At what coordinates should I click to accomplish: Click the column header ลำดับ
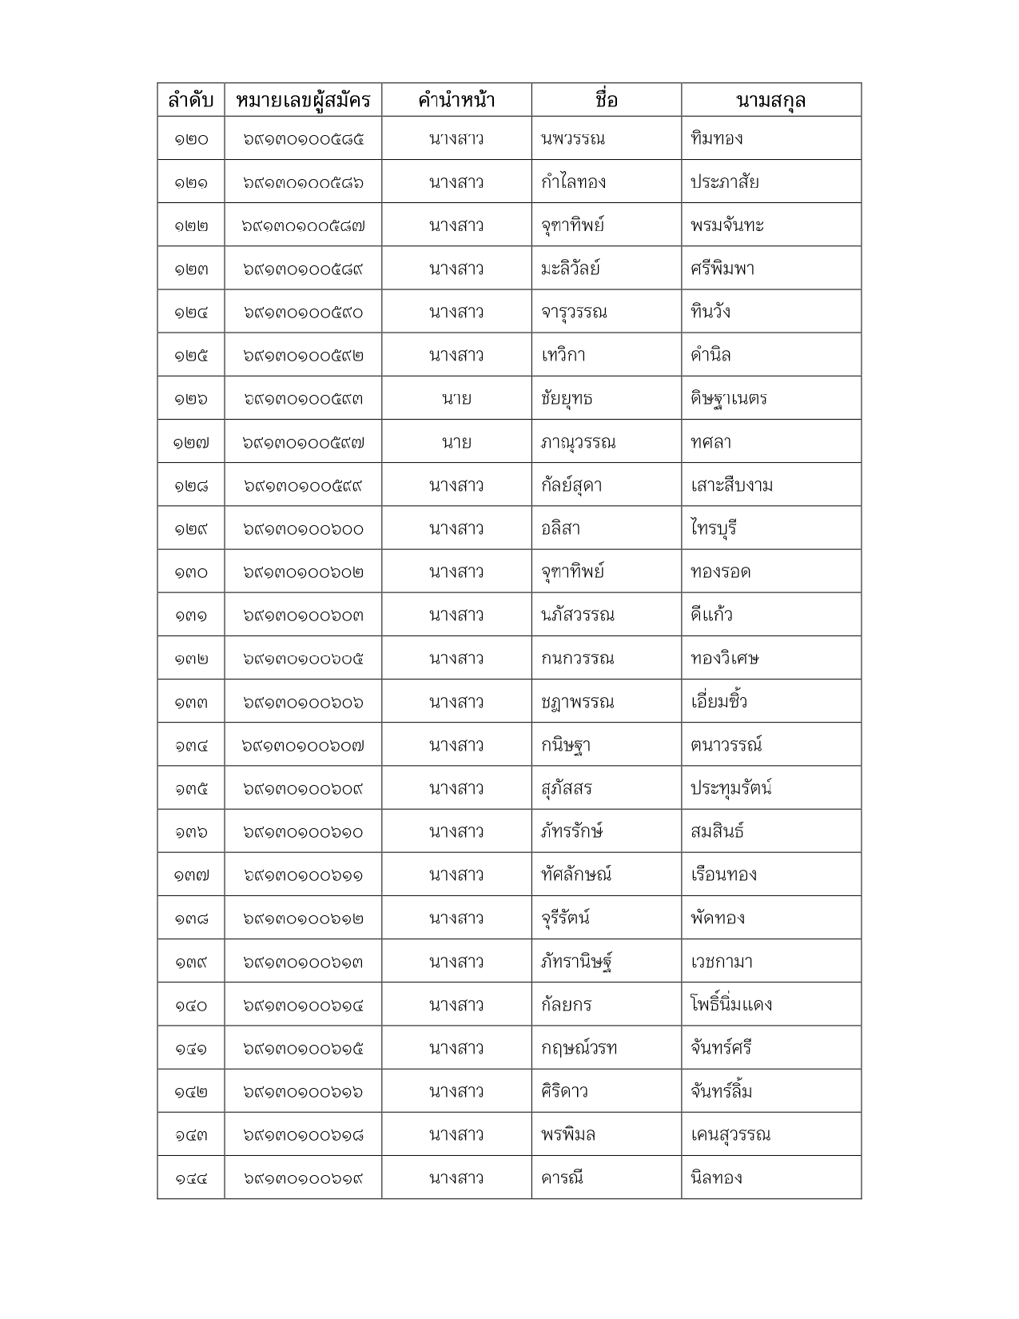click(x=191, y=100)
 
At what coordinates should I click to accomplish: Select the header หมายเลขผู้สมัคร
click(x=303, y=100)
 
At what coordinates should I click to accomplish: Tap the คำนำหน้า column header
click(x=456, y=100)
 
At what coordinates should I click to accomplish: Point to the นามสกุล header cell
click(x=770, y=100)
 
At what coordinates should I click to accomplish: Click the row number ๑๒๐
click(x=191, y=139)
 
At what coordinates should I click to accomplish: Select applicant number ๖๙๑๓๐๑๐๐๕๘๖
click(x=303, y=182)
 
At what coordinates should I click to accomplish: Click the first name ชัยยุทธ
click(x=567, y=398)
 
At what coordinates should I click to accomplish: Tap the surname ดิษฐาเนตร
click(x=729, y=398)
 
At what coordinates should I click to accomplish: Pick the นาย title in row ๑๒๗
click(x=456, y=442)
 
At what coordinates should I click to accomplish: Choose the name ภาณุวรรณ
click(x=578, y=442)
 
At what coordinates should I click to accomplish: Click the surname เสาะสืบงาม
click(x=731, y=485)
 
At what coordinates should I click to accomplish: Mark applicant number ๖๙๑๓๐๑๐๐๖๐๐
click(x=303, y=529)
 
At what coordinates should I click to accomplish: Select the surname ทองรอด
click(x=720, y=572)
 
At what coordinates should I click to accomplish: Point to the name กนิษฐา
click(x=566, y=745)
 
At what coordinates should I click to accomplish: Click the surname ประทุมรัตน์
click(x=730, y=788)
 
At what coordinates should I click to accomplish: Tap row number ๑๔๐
click(x=191, y=1005)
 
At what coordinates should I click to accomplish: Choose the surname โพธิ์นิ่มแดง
click(x=731, y=1005)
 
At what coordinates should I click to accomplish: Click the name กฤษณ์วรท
click(x=579, y=1048)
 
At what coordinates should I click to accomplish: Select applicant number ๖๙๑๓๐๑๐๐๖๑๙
click(x=303, y=1178)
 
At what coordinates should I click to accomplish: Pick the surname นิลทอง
click(x=716, y=1178)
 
